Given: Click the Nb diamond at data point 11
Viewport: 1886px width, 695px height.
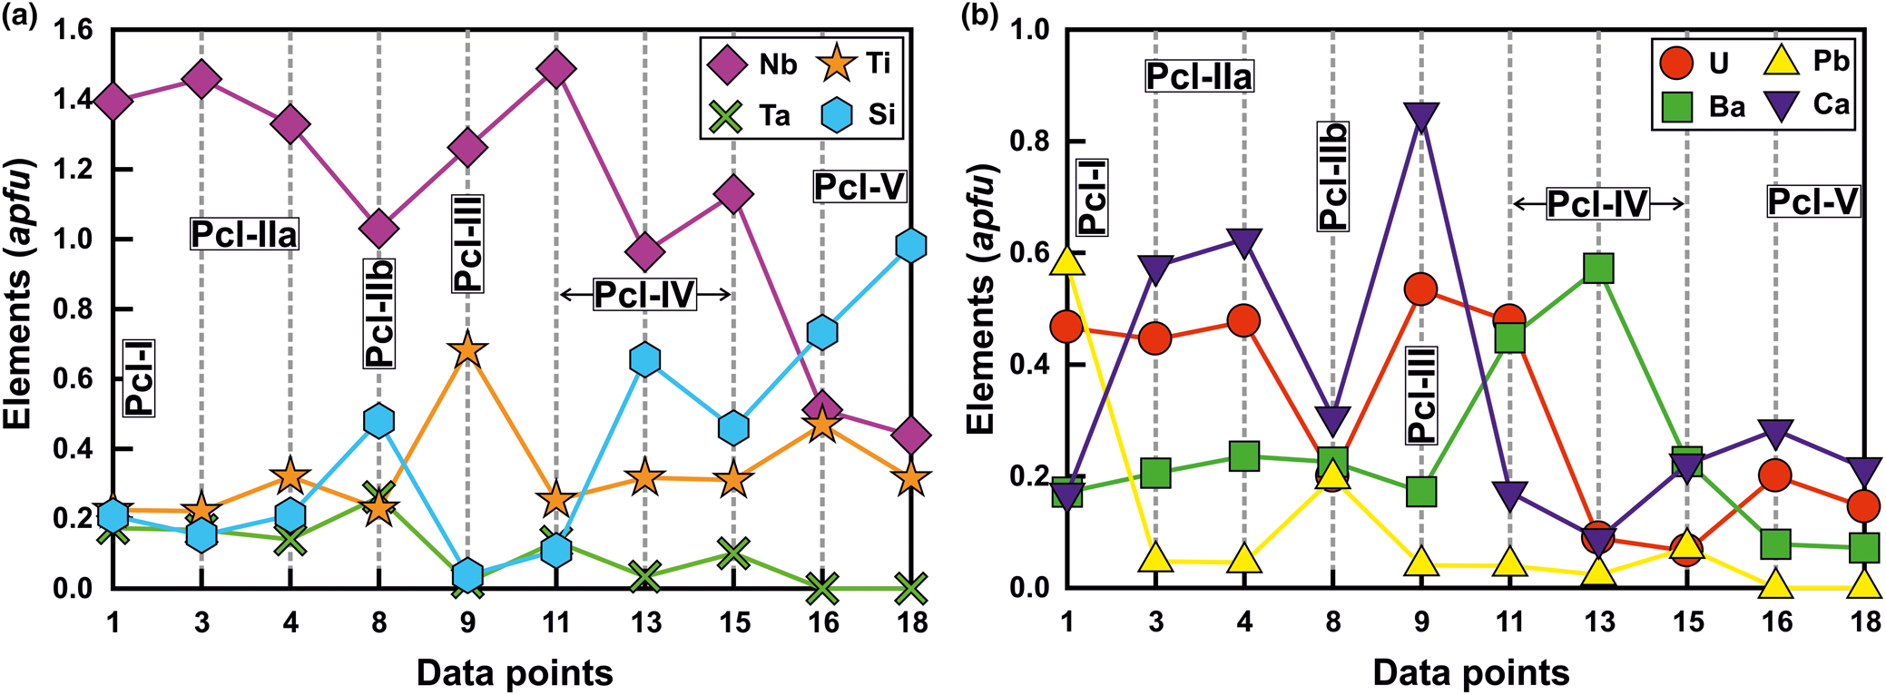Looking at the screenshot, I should click(556, 69).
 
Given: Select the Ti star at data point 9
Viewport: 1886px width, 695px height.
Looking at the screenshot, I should click(467, 350).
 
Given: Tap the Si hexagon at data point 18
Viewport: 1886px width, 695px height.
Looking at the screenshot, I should click(910, 246).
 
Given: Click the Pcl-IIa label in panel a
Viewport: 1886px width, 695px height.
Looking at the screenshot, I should click(244, 235).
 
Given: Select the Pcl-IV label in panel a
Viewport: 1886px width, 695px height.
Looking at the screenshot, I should click(644, 294).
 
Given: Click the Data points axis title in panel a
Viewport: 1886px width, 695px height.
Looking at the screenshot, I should click(515, 672).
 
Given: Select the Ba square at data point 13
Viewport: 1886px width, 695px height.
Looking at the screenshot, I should click(1597, 269).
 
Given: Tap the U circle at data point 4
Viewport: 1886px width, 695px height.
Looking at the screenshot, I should click(1243, 321).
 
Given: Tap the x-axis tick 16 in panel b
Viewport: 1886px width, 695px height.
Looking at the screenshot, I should click(1776, 622).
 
